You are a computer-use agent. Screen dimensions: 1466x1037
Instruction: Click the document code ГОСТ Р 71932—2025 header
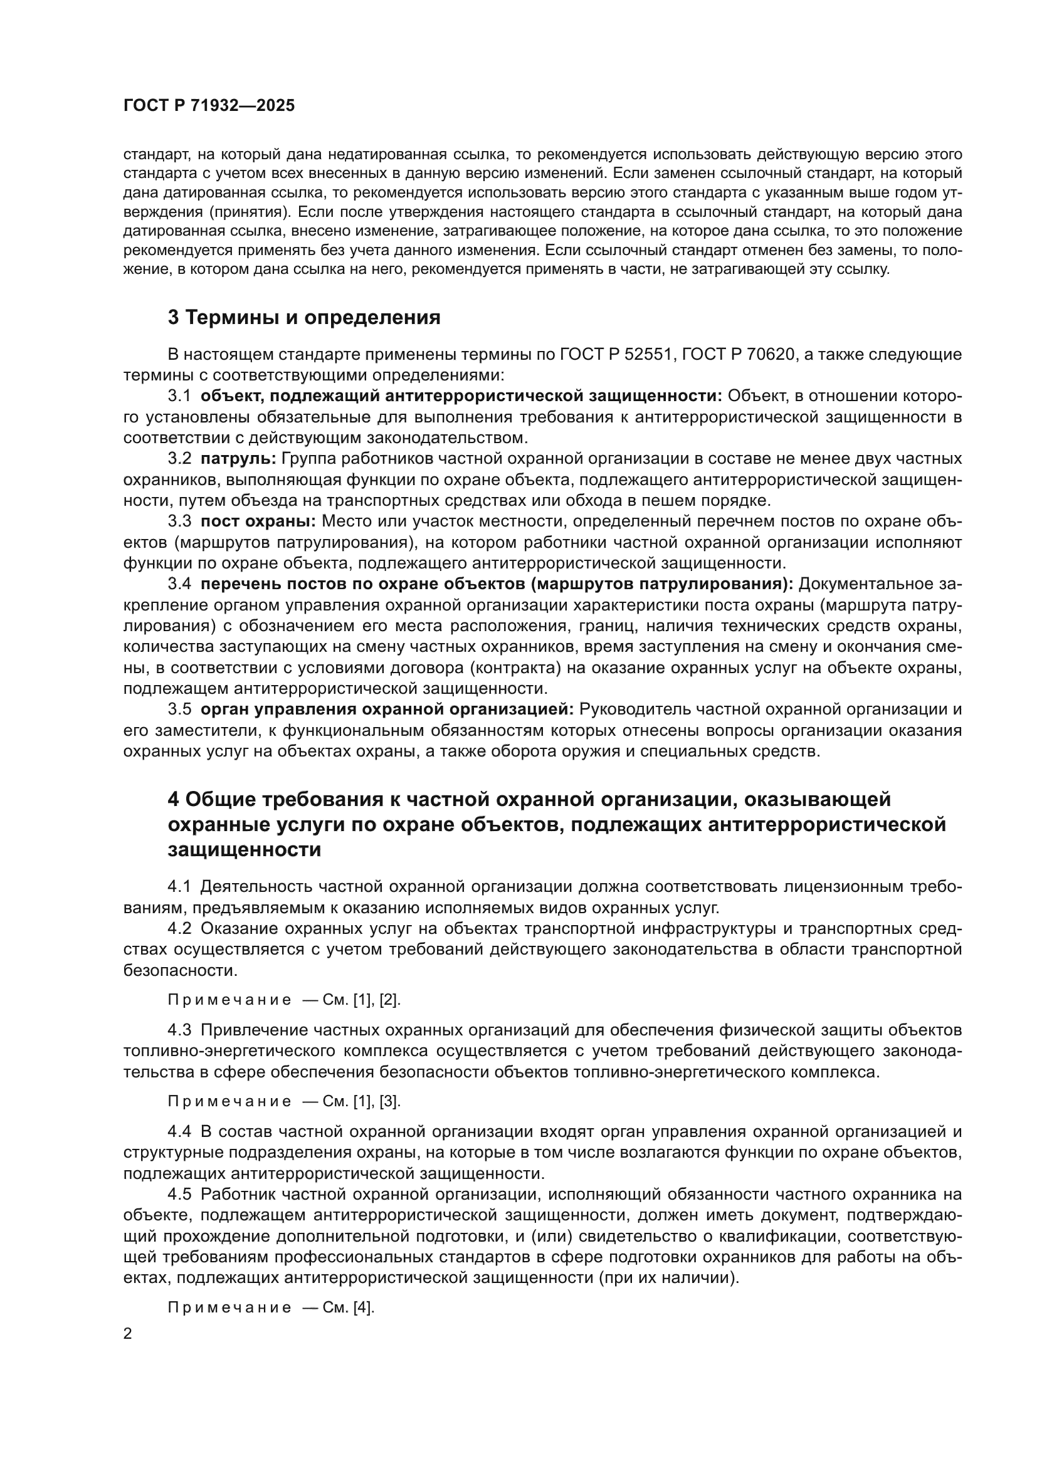click(x=209, y=106)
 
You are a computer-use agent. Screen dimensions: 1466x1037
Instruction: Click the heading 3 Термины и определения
click(x=304, y=317)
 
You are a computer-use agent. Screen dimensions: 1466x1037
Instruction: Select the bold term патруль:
click(x=238, y=458)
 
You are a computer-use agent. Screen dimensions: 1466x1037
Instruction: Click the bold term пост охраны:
click(x=258, y=521)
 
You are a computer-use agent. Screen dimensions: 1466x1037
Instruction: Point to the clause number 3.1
click(x=179, y=396)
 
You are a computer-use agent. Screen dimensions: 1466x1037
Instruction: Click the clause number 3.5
click(x=179, y=709)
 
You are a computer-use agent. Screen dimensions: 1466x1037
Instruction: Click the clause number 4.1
click(x=179, y=886)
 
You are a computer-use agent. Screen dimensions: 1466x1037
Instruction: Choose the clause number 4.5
click(x=179, y=1194)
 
